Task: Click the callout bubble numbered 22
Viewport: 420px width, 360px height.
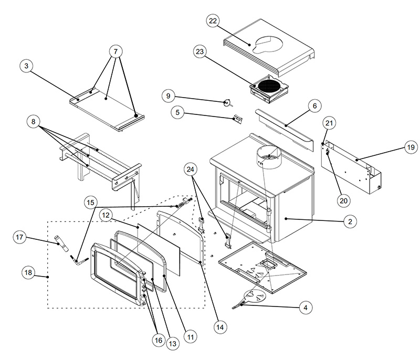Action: click(x=212, y=21)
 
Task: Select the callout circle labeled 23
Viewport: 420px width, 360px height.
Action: click(x=201, y=52)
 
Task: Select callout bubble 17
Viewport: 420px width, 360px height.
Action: click(x=20, y=238)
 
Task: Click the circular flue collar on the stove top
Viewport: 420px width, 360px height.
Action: click(x=269, y=156)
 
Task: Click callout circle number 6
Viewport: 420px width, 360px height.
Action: click(x=314, y=106)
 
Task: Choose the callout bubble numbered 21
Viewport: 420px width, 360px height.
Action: click(x=329, y=123)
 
